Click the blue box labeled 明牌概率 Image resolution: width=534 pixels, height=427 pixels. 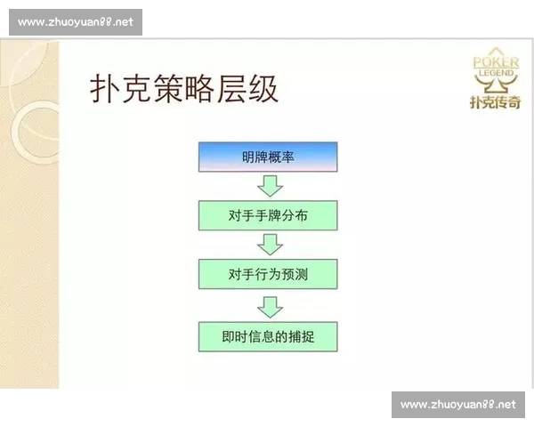point(268,157)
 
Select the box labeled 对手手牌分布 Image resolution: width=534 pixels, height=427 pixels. point(268,215)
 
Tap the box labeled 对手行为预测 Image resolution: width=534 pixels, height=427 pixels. point(268,275)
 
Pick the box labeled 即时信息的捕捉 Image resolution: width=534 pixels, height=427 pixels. point(268,336)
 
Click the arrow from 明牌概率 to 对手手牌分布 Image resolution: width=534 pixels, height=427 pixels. point(269,185)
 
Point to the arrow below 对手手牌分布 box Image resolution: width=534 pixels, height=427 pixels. point(269,245)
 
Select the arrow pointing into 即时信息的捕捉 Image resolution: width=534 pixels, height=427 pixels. point(269,306)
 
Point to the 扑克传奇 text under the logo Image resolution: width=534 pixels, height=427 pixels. point(495,101)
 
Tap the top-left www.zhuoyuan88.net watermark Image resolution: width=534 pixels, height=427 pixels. point(76,22)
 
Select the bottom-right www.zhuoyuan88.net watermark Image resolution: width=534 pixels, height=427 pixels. point(458,405)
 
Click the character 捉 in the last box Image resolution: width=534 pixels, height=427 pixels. point(308,336)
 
